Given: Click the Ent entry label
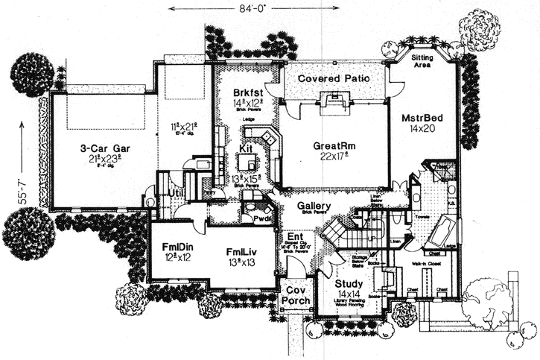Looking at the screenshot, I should (x=294, y=237).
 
